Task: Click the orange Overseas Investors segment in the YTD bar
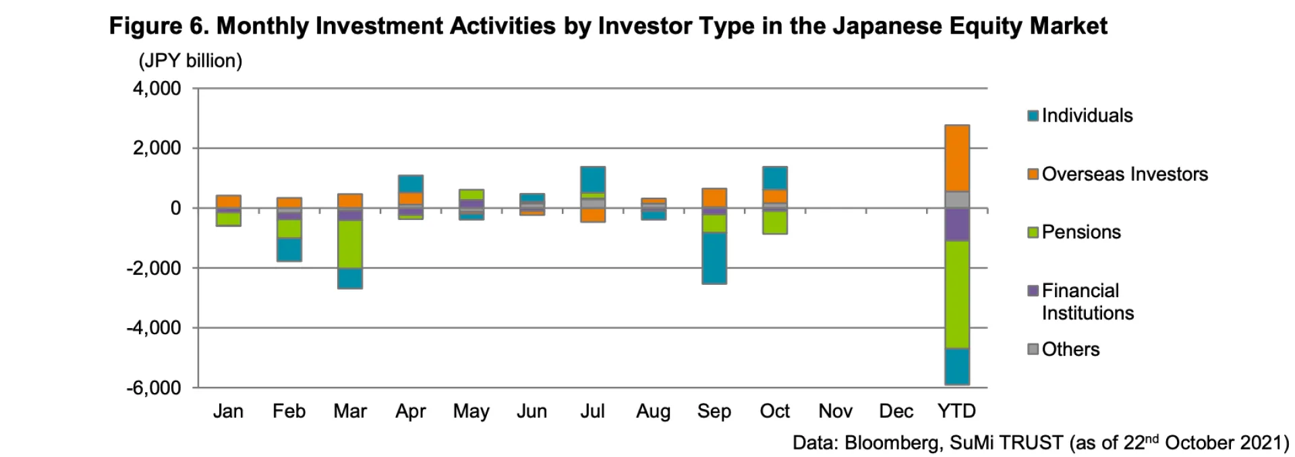point(956,158)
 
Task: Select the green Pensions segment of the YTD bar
point(956,294)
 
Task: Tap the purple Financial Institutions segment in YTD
point(956,224)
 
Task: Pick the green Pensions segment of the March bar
point(350,244)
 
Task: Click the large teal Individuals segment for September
point(714,258)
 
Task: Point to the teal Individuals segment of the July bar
point(593,180)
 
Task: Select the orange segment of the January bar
point(229,201)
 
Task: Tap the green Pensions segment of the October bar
point(774,222)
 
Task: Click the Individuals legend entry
point(1087,115)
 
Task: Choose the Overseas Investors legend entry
point(1124,174)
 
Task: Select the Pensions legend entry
point(1081,232)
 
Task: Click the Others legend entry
point(1070,349)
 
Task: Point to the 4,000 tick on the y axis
point(156,88)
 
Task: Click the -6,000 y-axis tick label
point(153,388)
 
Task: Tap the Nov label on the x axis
point(835,411)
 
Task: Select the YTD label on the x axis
point(956,411)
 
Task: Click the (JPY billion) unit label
point(190,61)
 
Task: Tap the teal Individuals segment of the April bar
point(411,184)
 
